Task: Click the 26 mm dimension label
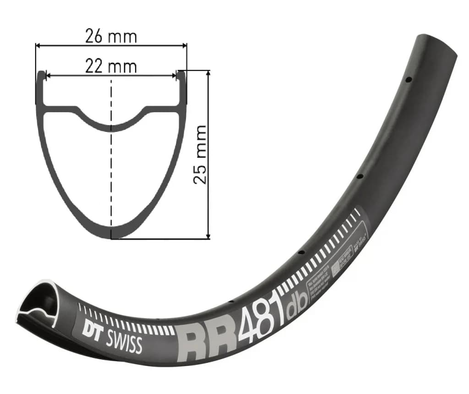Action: pos(111,36)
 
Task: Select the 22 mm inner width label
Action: pos(111,66)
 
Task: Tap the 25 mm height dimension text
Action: pos(200,154)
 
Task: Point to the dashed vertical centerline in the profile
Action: pos(111,174)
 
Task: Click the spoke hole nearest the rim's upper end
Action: pos(408,80)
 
